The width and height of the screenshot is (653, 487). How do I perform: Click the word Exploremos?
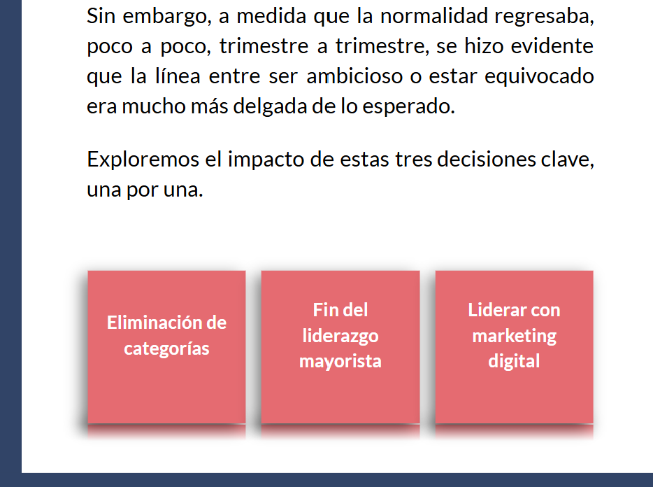pos(143,159)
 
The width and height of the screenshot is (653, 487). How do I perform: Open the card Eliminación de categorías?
pos(166,347)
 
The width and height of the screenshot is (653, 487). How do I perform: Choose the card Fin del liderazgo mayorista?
pos(340,347)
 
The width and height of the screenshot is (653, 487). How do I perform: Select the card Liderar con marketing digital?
pos(514,347)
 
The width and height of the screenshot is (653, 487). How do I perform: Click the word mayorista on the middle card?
pos(340,362)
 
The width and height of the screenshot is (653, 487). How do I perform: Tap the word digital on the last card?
pos(514,361)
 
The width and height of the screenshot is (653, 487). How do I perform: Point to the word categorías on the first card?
pos(166,348)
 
